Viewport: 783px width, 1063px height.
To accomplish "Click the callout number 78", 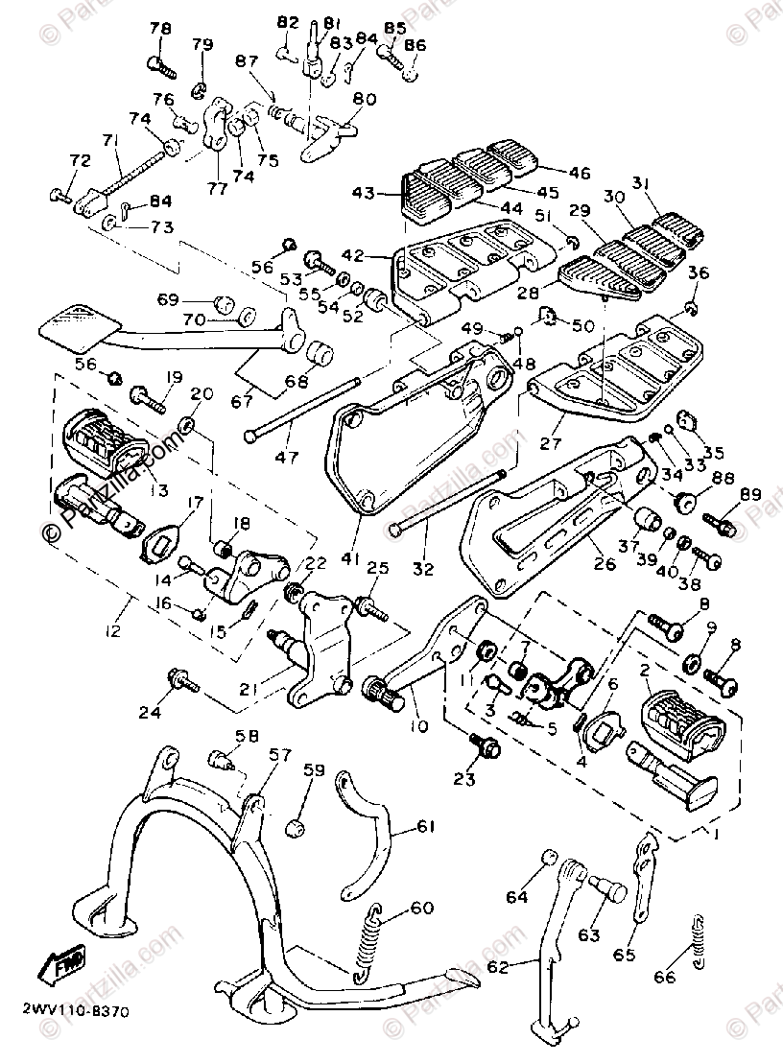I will click(x=159, y=30).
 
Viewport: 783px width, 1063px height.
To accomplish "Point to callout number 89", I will click(x=749, y=494).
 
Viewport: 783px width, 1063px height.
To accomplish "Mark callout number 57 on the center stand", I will click(x=252, y=757).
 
